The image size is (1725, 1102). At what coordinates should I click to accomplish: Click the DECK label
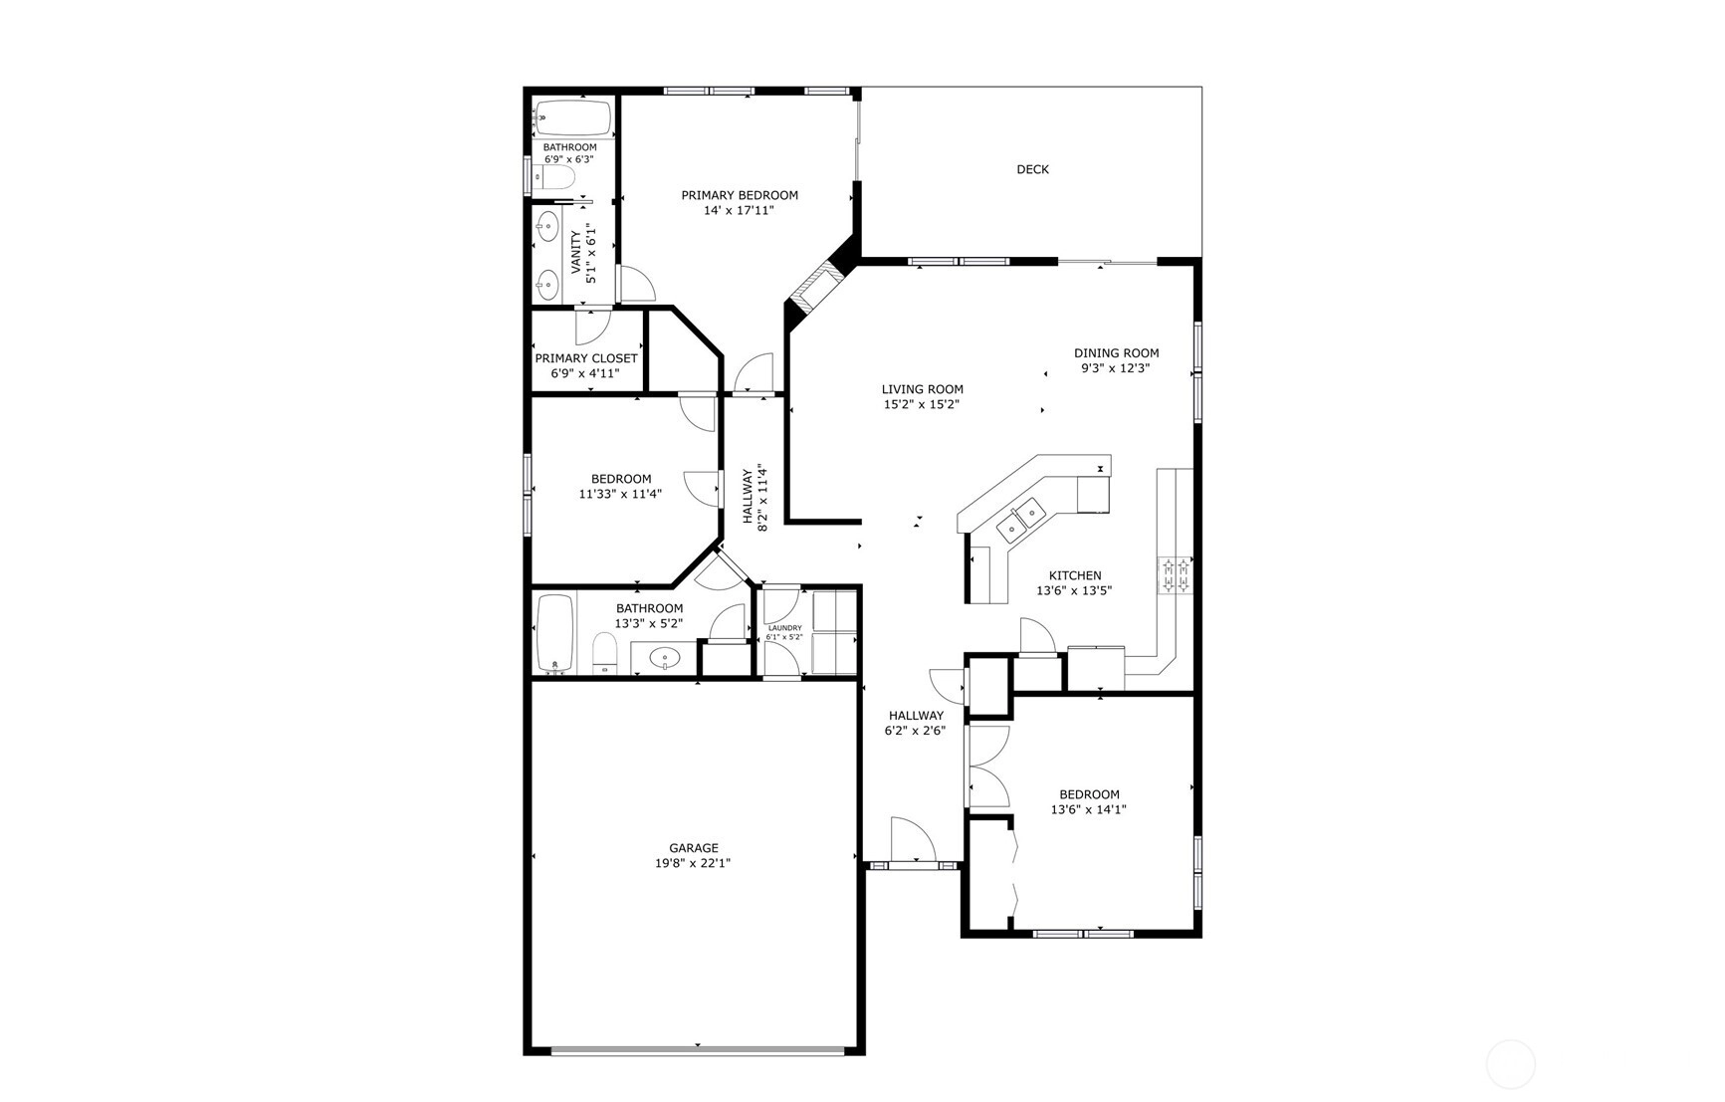[1032, 169]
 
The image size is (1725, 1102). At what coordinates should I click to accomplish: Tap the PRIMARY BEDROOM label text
[740, 195]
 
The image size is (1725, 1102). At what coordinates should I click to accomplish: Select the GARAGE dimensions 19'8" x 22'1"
[693, 864]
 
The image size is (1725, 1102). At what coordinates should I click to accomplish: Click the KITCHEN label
[1075, 575]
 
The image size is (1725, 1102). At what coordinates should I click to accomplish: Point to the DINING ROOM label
[1117, 352]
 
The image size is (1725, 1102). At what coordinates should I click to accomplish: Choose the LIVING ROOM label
[923, 389]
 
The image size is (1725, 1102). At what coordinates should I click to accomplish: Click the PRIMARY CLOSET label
[586, 358]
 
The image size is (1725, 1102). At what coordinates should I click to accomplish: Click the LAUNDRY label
[784, 628]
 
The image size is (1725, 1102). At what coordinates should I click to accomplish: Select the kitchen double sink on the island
[1021, 520]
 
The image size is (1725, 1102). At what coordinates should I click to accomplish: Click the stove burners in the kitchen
[1174, 575]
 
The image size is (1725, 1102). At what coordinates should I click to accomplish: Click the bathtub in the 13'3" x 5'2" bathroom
[555, 634]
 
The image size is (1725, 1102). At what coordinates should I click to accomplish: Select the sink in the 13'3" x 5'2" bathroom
[664, 658]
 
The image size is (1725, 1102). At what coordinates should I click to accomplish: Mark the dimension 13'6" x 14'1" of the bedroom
[1088, 810]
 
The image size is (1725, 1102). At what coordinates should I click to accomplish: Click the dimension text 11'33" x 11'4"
[620, 494]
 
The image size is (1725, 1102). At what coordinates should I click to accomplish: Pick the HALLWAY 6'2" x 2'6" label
[916, 723]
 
